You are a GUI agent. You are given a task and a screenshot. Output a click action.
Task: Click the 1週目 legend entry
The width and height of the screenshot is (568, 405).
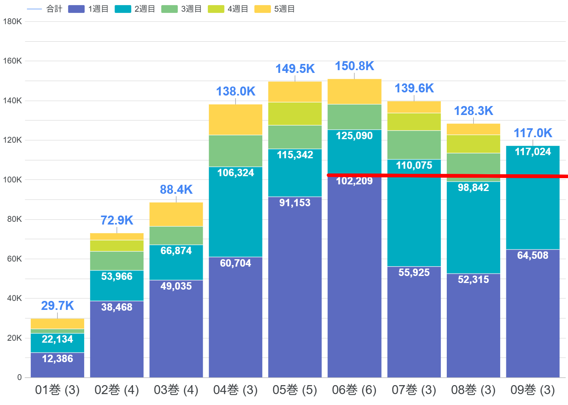88,9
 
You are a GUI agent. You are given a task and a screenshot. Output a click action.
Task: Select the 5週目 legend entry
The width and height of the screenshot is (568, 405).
274,9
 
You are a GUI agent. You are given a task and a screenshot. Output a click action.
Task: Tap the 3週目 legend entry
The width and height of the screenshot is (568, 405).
181,9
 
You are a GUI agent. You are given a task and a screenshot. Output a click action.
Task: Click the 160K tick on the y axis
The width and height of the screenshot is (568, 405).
12,61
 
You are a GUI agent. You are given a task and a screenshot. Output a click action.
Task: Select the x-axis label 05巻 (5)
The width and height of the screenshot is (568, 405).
295,390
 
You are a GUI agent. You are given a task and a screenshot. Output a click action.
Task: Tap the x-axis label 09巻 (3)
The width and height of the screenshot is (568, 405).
533,390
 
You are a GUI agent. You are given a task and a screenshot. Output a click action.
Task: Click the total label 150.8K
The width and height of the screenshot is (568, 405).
354,66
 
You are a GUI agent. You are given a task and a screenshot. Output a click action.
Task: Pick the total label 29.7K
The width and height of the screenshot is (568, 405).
57,306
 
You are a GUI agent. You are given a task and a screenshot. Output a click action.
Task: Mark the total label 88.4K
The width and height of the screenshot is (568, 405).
176,189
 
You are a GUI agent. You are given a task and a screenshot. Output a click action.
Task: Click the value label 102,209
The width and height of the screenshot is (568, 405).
354,181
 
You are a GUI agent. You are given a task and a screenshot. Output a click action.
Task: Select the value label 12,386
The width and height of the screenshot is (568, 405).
57,359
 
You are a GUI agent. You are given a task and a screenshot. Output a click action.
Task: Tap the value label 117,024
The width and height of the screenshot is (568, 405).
533,152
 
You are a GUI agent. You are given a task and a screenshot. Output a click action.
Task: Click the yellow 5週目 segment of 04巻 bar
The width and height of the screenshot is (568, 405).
235,119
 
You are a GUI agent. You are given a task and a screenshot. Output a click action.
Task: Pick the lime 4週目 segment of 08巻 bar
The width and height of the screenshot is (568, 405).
473,144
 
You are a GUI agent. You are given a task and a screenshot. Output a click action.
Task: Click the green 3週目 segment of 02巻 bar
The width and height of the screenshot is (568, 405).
117,261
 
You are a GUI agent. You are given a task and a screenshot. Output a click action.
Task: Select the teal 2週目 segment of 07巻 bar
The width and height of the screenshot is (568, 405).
414,218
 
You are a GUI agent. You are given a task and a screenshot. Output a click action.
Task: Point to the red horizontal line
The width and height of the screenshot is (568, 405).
448,176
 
